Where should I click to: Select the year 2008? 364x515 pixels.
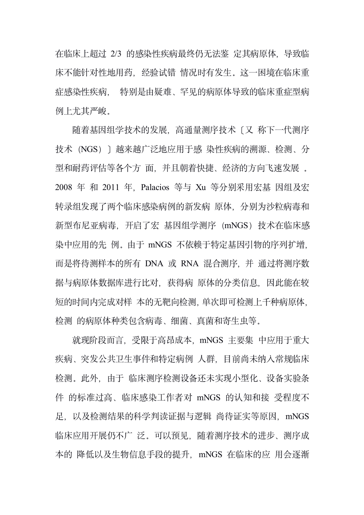[x=64, y=187]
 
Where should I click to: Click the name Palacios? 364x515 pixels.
[x=155, y=187]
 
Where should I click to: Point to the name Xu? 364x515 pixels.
[x=200, y=187]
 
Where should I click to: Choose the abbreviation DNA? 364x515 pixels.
[x=154, y=263]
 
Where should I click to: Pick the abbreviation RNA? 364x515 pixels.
[x=190, y=263]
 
